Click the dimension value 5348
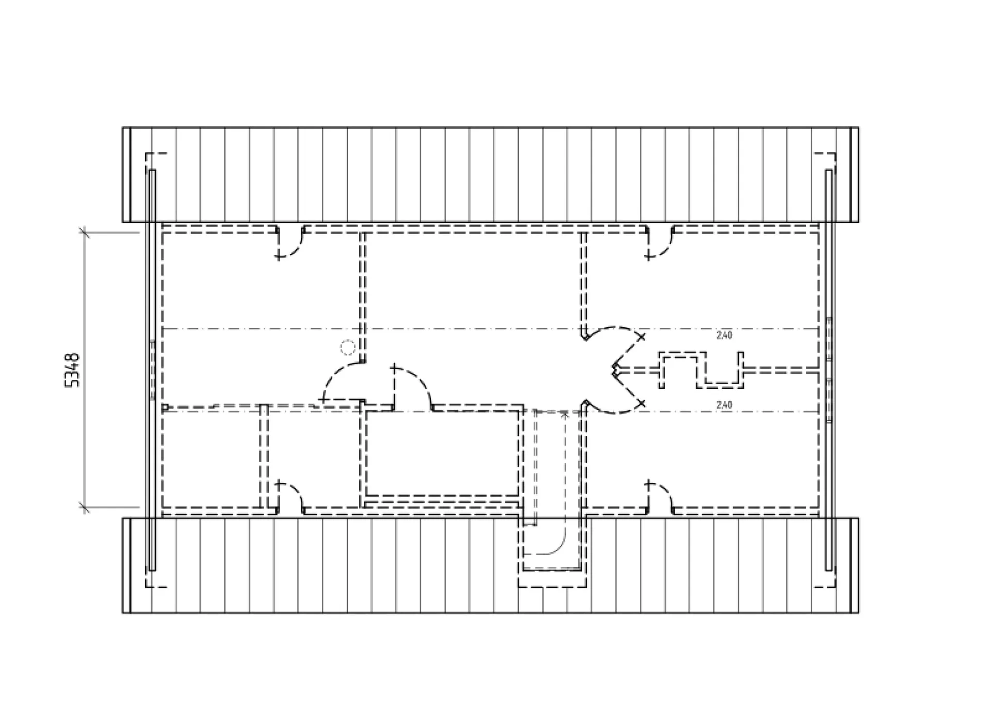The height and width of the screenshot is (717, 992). coord(72,370)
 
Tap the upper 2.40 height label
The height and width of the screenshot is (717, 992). coord(724,335)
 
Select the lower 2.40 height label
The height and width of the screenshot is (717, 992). coord(724,405)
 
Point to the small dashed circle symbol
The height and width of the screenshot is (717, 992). coord(348,348)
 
